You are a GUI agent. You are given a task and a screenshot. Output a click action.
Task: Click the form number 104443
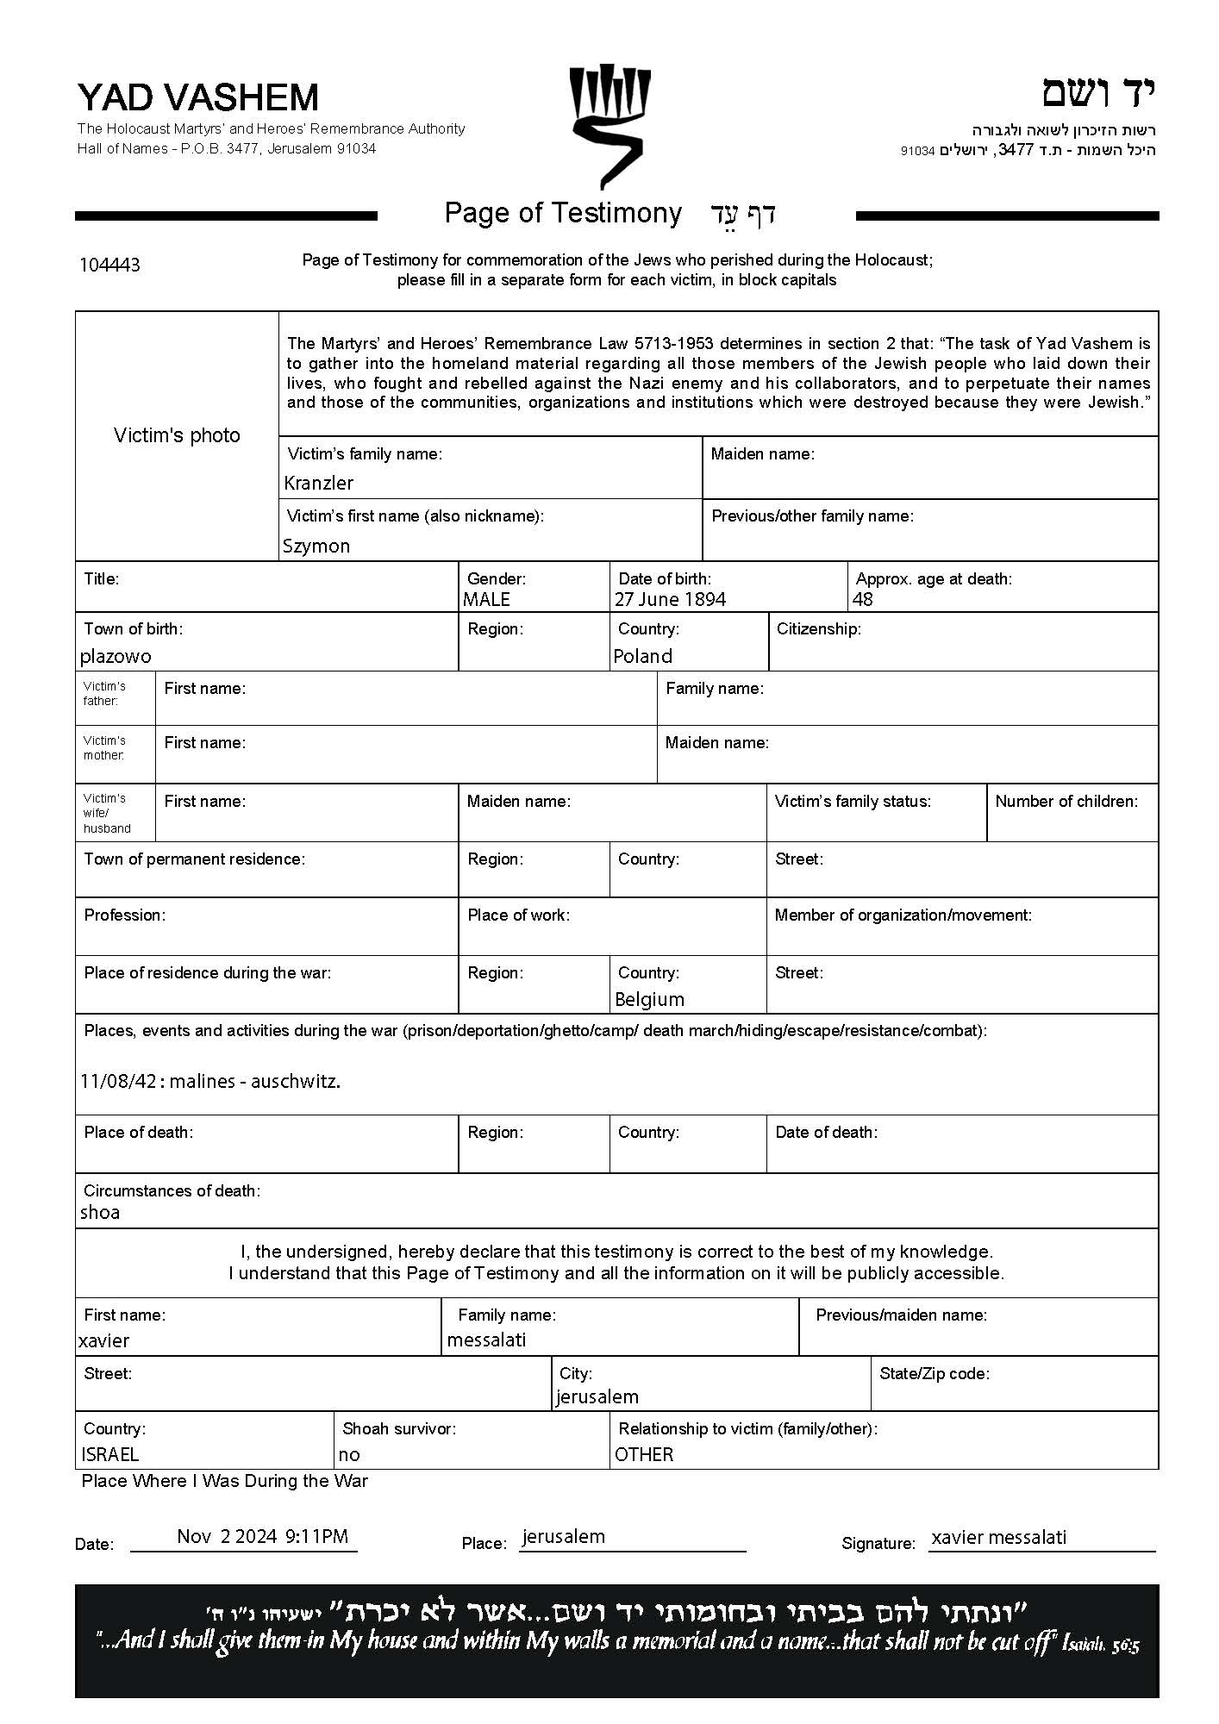tap(109, 265)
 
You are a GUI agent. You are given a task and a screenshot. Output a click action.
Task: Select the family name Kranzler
tap(318, 483)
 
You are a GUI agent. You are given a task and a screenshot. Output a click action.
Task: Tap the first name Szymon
tap(316, 546)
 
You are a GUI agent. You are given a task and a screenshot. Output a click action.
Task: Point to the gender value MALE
tap(486, 599)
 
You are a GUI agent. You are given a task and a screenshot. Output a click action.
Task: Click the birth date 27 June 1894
tap(670, 599)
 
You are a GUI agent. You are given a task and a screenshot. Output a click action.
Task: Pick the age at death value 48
tap(862, 599)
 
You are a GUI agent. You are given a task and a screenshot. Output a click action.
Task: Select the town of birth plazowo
tap(116, 656)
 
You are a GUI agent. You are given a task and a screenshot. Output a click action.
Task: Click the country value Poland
tap(642, 656)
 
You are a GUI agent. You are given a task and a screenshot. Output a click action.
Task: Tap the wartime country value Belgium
tap(649, 999)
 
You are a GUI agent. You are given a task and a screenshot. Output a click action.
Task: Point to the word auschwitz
tap(295, 1081)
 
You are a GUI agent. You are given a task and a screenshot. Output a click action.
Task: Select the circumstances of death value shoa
tap(100, 1212)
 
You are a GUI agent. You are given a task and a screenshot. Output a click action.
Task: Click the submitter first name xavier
tap(103, 1340)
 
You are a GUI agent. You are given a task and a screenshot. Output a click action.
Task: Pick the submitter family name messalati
tap(486, 1340)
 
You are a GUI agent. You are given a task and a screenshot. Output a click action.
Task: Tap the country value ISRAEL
tap(109, 1454)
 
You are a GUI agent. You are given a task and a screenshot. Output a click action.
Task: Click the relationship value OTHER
tap(644, 1454)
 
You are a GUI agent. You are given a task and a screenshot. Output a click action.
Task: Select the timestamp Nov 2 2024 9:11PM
tap(262, 1535)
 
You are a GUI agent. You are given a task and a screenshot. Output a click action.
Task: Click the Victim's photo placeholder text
tap(177, 435)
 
